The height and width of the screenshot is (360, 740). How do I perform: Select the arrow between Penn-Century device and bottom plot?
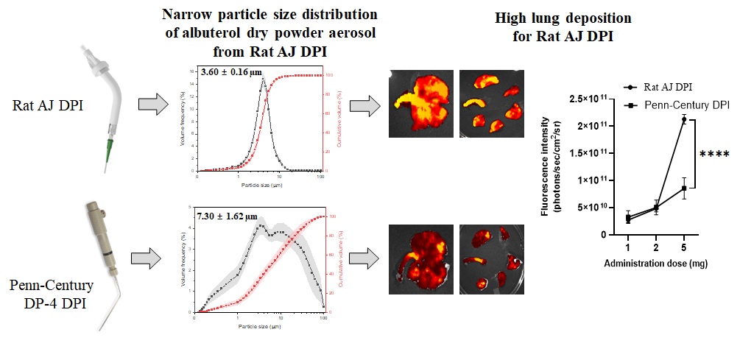pos(148,258)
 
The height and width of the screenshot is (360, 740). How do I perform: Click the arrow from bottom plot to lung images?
pos(362,259)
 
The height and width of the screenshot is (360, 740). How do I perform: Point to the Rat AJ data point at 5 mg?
pos(684,119)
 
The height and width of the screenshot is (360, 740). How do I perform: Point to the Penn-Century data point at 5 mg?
pos(684,188)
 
